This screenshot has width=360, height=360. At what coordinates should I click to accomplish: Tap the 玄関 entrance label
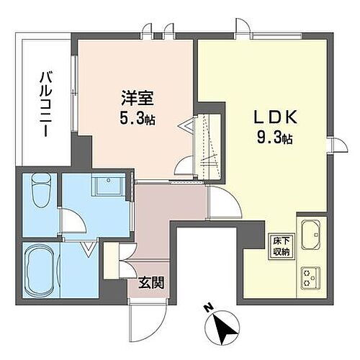[x=151, y=282]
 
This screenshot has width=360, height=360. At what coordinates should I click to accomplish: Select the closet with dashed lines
[x=209, y=141]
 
